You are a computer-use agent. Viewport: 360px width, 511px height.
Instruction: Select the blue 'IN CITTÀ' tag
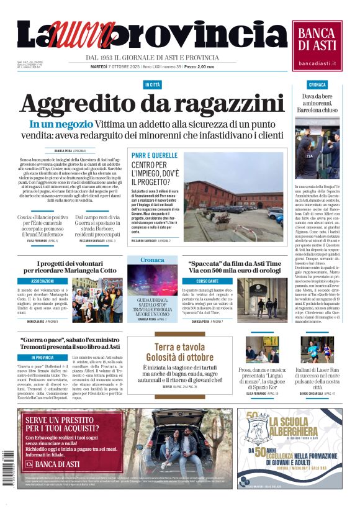(x=152, y=84)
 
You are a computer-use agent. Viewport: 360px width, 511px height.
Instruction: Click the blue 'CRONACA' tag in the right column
(x=317, y=84)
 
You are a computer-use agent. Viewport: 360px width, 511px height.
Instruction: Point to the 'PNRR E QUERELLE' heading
(x=155, y=155)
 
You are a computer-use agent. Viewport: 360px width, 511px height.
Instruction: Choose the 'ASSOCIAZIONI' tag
(x=43, y=281)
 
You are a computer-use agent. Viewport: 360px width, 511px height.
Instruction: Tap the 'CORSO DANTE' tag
(x=208, y=281)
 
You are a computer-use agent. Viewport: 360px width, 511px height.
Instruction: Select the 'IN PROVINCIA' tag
(x=43, y=357)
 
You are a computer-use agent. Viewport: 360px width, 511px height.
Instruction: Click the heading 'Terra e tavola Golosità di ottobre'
(x=179, y=352)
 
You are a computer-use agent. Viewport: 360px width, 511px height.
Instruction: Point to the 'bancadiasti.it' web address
(x=317, y=63)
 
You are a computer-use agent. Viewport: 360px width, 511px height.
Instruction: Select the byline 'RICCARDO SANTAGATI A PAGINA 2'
(x=155, y=240)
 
